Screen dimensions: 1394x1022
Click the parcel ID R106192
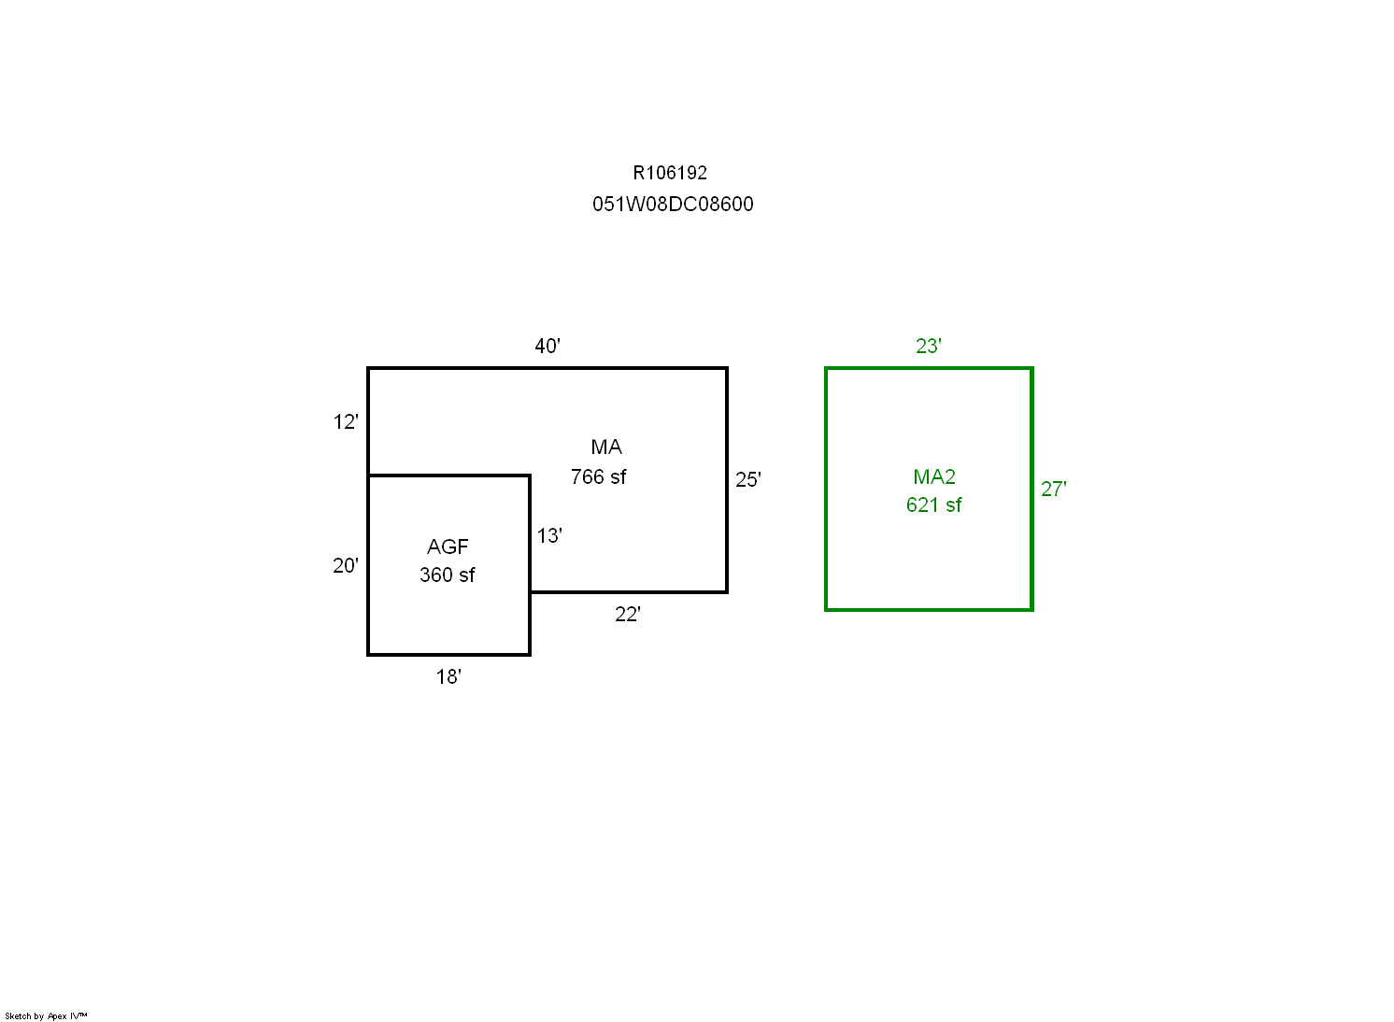(670, 173)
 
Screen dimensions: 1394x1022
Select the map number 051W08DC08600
(673, 205)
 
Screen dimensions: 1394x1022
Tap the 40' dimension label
(548, 346)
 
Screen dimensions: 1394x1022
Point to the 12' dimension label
(346, 422)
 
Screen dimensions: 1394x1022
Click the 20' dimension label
(346, 566)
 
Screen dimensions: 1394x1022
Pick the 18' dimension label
(448, 676)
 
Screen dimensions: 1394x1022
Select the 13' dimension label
(549, 536)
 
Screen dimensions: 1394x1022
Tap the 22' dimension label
(628, 615)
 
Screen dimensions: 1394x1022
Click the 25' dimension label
(748, 480)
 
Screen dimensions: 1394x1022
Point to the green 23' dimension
(929, 346)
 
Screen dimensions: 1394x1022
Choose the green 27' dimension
(1054, 490)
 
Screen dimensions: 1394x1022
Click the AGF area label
(448, 547)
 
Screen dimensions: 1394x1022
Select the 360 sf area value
(448, 575)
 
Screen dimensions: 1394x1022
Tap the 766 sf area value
(599, 477)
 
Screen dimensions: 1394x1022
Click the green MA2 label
(934, 477)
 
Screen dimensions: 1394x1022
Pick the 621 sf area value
(934, 505)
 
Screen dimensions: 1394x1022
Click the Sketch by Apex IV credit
(46, 1016)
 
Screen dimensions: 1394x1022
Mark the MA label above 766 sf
(606, 447)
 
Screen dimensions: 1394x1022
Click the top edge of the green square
(929, 368)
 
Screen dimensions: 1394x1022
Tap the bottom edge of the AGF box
(448, 655)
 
